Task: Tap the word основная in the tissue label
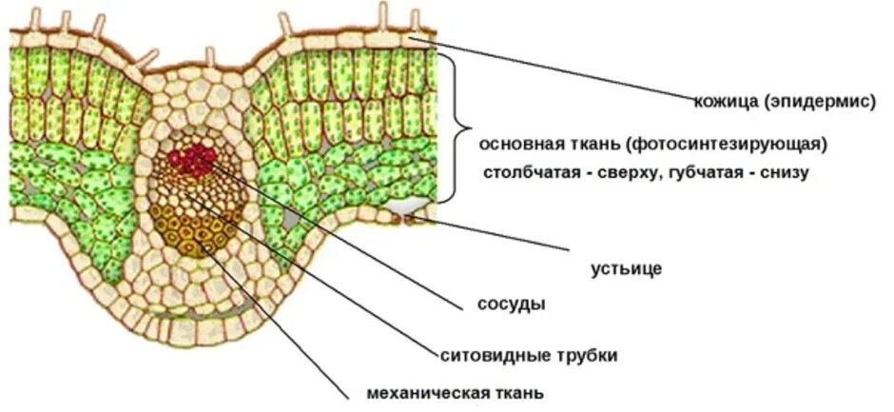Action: click(521, 145)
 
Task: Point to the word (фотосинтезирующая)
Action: click(726, 145)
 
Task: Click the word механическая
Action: click(428, 393)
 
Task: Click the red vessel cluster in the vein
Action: click(194, 157)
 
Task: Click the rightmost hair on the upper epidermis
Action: click(416, 21)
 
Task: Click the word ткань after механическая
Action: click(519, 393)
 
